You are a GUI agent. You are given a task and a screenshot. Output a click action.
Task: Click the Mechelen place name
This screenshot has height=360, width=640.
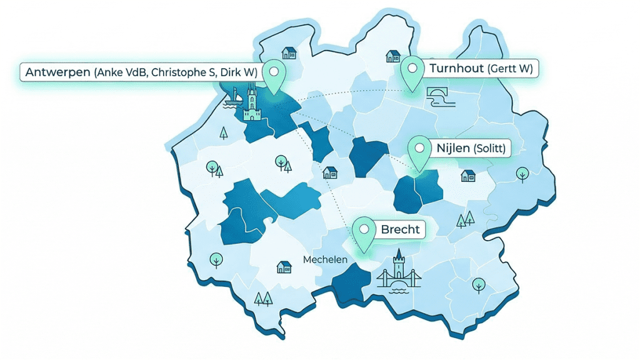[x=325, y=259]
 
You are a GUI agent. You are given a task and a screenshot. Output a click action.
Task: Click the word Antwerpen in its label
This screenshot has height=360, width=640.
[x=57, y=72]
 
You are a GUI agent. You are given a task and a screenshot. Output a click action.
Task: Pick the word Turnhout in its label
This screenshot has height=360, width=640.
[x=456, y=68]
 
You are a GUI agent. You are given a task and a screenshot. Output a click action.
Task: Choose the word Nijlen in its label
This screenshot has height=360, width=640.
[x=452, y=149]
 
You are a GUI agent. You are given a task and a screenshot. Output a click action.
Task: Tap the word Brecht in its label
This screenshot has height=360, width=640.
[x=400, y=229]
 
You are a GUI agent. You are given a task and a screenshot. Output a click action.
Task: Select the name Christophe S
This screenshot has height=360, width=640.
[x=177, y=73]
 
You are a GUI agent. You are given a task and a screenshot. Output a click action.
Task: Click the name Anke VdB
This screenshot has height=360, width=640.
[x=119, y=73]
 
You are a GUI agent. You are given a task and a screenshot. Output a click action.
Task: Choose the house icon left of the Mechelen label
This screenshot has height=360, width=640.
[x=284, y=267]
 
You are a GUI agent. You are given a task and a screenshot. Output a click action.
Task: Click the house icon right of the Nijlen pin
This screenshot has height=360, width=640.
[x=467, y=176]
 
